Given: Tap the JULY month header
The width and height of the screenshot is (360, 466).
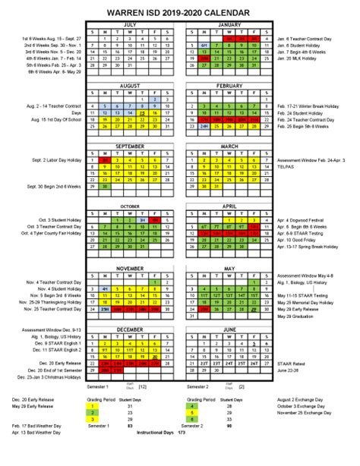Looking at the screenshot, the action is [x=130, y=24].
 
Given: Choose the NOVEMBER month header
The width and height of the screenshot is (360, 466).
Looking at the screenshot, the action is [x=130, y=268].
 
